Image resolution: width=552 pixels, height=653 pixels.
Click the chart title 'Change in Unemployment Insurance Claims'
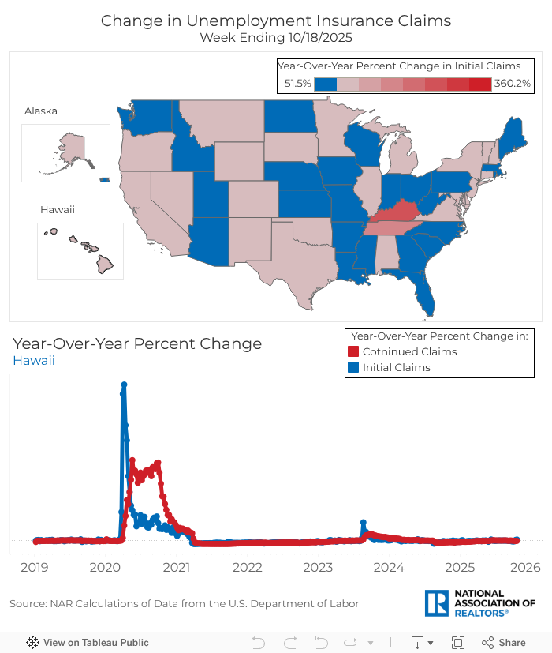click(276, 21)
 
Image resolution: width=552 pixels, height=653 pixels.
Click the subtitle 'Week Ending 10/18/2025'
click(276, 37)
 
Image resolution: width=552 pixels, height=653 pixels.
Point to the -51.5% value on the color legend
click(296, 83)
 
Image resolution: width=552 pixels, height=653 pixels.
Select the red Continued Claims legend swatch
click(354, 351)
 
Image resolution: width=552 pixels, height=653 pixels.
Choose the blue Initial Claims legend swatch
click(354, 367)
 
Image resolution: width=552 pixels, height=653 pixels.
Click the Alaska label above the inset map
click(41, 111)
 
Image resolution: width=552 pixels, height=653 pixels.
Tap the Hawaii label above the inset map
click(57, 209)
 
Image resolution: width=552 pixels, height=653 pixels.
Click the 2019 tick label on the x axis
click(34, 567)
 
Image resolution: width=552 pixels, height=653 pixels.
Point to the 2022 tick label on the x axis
click(247, 567)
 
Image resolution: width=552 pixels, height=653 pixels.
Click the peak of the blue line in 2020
click(124, 385)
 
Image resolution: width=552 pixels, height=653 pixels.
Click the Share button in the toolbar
click(504, 643)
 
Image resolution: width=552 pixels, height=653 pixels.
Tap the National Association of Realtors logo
click(479, 602)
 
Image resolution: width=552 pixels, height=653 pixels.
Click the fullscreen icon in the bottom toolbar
click(457, 643)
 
